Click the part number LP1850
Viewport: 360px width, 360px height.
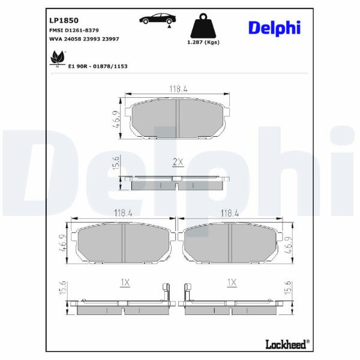point(64,20)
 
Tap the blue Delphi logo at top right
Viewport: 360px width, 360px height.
point(274,28)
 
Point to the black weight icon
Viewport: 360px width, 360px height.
point(203,25)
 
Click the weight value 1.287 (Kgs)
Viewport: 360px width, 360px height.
point(203,42)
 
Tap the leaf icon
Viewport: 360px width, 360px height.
point(58,58)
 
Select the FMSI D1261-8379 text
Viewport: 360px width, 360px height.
point(74,31)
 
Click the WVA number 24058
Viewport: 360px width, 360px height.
point(73,39)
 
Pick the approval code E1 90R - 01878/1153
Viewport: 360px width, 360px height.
point(98,67)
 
